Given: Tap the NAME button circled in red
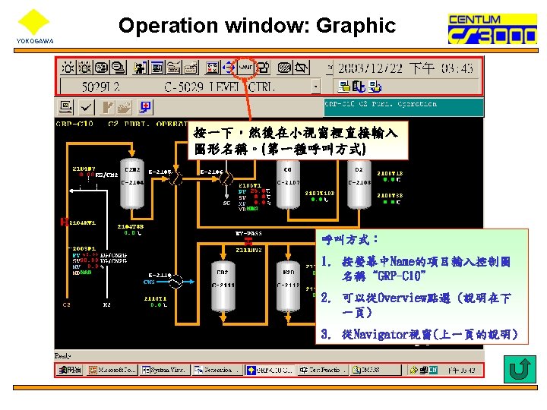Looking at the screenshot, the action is tap(246, 68).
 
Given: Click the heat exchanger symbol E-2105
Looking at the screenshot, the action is tap(175, 178).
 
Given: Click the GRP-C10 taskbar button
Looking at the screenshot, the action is tap(270, 370).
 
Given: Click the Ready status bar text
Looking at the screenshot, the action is tap(63, 355).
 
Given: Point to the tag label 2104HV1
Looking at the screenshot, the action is tap(81, 222).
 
